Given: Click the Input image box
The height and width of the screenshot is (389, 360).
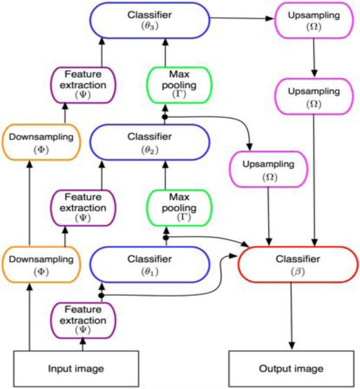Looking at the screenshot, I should [x=58, y=369].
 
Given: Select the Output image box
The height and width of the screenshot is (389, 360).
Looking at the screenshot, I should [x=292, y=369].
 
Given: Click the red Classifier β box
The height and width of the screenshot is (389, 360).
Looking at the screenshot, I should [x=297, y=265].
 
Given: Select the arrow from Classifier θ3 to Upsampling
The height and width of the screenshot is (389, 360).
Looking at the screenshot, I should [x=243, y=20].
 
